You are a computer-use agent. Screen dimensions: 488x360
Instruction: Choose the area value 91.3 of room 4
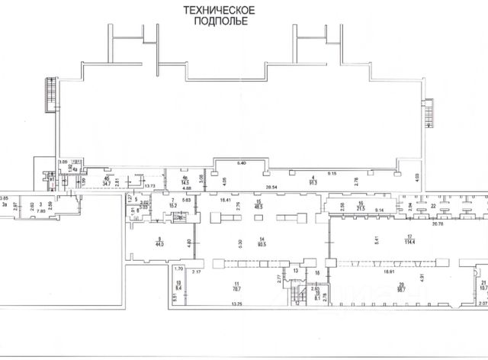(x=313, y=183)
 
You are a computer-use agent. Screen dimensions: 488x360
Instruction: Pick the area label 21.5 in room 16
(x=361, y=208)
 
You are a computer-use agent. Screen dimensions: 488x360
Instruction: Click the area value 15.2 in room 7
(x=173, y=206)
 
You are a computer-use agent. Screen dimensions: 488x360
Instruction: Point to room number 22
(x=432, y=206)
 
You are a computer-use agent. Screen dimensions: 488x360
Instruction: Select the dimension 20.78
(x=437, y=224)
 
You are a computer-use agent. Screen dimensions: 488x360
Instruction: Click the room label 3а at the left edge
(x=5, y=204)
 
